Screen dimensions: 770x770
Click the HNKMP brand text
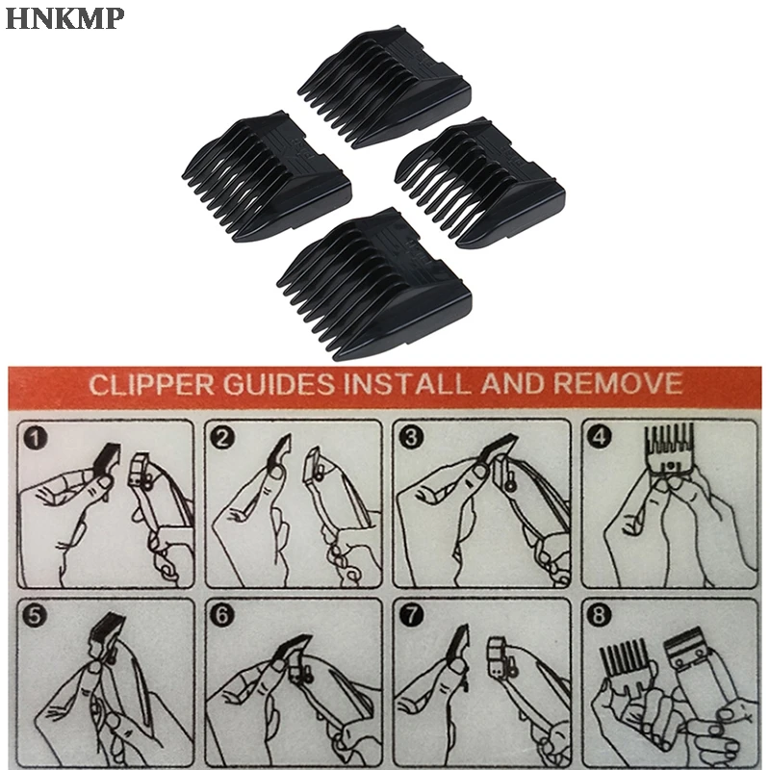[65, 18]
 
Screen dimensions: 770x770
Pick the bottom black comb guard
[374, 279]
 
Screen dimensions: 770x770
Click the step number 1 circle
[37, 438]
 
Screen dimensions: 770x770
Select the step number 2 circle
[223, 438]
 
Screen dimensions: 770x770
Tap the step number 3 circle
[412, 438]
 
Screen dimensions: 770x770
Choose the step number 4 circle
[601, 438]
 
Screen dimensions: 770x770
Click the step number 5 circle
[37, 614]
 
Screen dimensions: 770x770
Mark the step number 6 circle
[223, 614]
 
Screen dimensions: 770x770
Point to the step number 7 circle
[412, 614]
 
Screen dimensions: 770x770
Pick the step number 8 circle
[601, 614]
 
